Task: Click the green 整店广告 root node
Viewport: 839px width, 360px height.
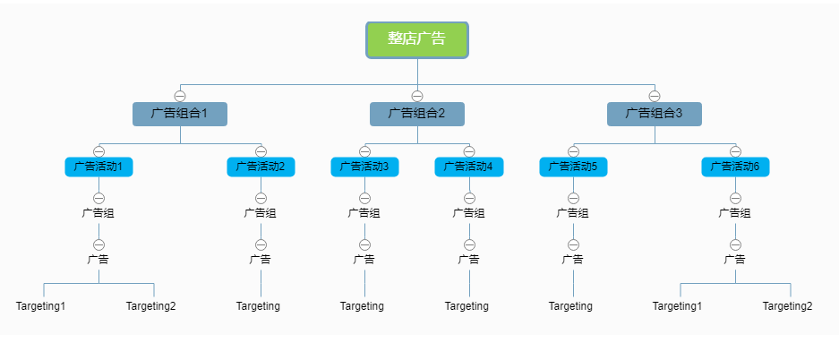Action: tap(417, 39)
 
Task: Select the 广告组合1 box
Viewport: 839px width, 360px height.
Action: tap(180, 114)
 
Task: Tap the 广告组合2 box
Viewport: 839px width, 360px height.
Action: tap(417, 114)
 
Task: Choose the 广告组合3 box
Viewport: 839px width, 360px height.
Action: tap(655, 114)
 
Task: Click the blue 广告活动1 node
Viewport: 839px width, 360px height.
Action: tap(98, 167)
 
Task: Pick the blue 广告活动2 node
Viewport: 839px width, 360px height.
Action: tap(261, 167)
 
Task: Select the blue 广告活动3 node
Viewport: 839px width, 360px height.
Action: tap(364, 167)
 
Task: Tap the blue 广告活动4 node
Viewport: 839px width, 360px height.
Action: tap(469, 167)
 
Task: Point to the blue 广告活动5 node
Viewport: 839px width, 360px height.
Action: tap(573, 167)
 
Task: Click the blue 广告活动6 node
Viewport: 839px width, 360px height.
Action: tap(735, 167)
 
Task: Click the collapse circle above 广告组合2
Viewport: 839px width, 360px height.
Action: tap(417, 96)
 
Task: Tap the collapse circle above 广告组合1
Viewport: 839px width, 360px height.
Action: tap(180, 96)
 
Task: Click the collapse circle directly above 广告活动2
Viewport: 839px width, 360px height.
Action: tap(261, 151)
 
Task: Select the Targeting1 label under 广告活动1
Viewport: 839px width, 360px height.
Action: tap(41, 306)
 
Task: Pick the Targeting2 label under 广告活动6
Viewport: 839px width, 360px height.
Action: tap(788, 306)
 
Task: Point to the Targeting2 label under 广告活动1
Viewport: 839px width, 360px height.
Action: tap(151, 306)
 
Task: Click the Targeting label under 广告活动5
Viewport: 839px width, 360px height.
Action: tap(571, 306)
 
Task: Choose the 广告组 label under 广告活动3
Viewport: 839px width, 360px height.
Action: tap(364, 213)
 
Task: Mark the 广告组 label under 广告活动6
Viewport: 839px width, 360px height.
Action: tap(735, 213)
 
